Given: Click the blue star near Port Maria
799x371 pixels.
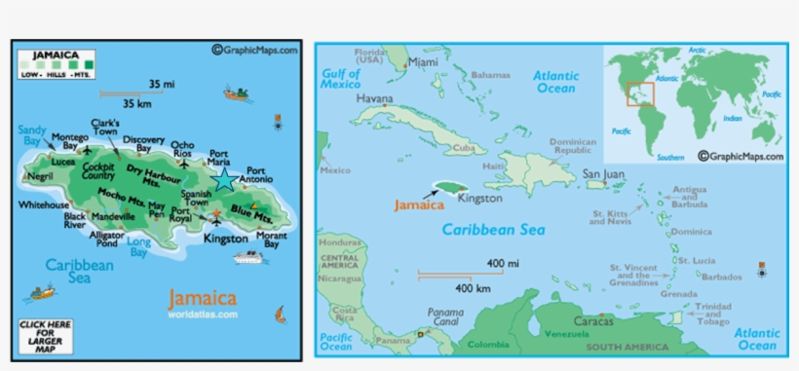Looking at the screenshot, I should click(224, 179).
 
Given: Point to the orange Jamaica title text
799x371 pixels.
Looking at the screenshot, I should click(202, 298).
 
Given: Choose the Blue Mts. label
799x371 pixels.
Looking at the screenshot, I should click(251, 213).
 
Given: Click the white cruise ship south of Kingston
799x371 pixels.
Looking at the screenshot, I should click(247, 259).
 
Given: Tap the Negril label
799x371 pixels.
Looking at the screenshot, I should click(40, 177).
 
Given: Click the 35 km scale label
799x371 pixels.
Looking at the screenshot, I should click(138, 103).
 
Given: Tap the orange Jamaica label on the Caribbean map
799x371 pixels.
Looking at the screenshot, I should click(418, 205).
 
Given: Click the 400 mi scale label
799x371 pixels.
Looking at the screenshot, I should click(503, 264).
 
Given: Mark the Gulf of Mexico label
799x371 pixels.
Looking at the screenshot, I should click(342, 78).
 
